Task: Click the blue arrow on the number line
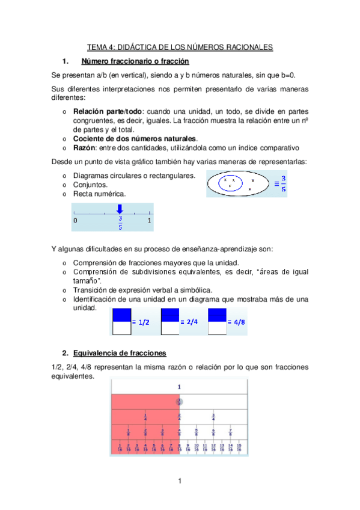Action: (120, 209)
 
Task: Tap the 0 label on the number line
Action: (75, 221)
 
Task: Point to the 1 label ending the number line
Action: (149, 221)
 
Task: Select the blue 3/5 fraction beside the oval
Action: (284, 183)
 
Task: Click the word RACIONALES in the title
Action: (245, 46)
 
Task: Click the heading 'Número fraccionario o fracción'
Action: (135, 61)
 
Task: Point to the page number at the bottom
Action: (179, 481)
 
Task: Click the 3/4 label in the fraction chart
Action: (213, 416)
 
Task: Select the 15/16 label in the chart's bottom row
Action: (239, 447)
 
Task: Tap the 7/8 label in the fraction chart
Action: (231, 432)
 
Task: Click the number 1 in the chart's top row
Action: (179, 387)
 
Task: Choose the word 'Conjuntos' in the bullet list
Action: (90, 185)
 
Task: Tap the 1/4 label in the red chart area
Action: (145, 416)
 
